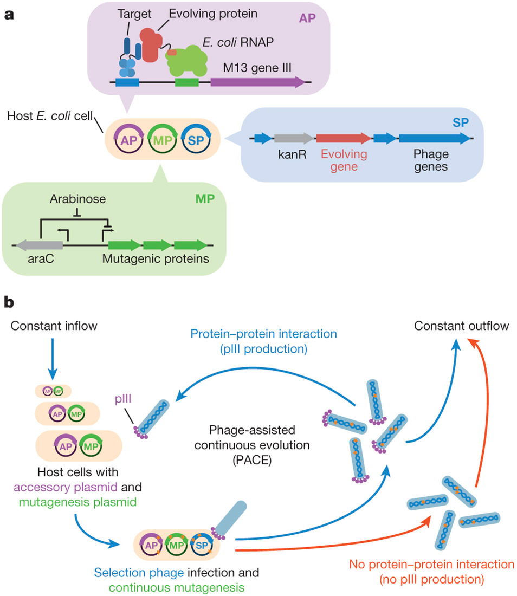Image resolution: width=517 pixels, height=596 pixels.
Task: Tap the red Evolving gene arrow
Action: point(343,139)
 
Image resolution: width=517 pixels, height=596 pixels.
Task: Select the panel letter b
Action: point(9,302)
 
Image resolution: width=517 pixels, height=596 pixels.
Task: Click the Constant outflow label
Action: point(453,327)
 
